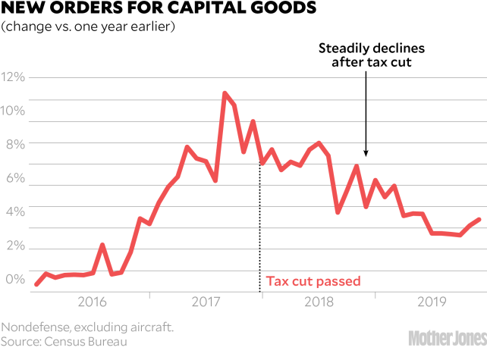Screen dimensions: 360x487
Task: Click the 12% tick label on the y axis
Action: point(14,77)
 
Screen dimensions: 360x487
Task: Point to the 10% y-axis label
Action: point(14,111)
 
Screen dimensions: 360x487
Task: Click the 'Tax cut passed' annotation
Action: point(312,281)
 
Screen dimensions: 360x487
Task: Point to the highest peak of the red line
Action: point(225,93)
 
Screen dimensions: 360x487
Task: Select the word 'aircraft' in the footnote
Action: point(150,327)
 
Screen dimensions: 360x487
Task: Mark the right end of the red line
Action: point(479,219)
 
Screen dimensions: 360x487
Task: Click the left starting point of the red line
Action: point(36,285)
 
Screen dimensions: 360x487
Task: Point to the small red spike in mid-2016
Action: point(102,245)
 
